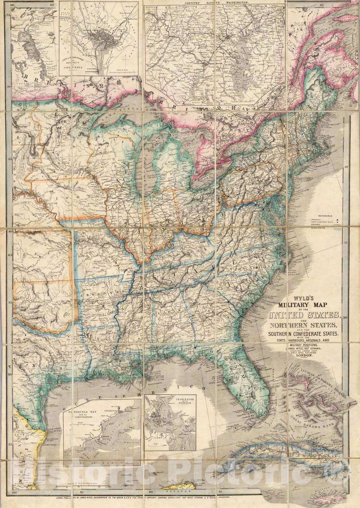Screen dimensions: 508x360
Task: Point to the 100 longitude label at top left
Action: [x=13, y=5]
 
